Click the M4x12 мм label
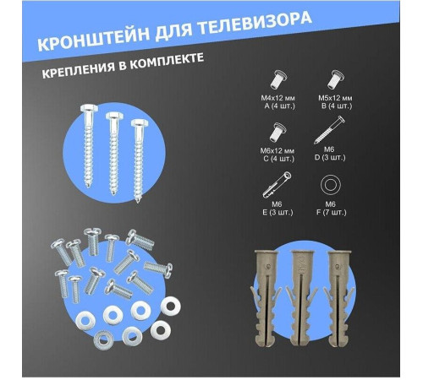point(277,98)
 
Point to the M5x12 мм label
point(335,98)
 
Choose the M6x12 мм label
point(277,151)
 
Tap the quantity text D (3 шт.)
point(330,157)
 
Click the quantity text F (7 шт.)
point(331,212)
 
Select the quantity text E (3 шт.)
point(277,212)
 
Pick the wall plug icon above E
point(277,185)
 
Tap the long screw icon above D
point(329,130)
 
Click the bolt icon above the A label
point(277,79)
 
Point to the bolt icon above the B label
point(337,79)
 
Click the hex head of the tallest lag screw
point(89,108)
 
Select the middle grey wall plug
point(302,298)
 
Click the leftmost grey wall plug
point(266,298)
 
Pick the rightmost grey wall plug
point(338,298)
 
